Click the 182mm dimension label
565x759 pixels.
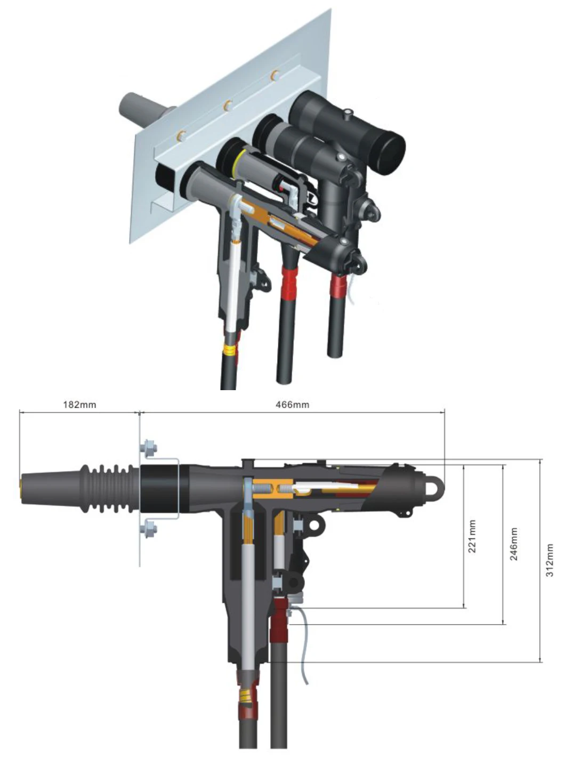[x=79, y=405]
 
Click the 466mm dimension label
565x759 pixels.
[x=292, y=405]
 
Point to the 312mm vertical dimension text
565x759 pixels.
[x=550, y=560]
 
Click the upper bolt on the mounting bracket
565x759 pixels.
[x=149, y=449]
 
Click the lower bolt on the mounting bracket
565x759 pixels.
[x=149, y=530]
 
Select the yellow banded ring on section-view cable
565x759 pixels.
[x=246, y=693]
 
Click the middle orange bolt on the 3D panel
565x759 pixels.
[x=228, y=105]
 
